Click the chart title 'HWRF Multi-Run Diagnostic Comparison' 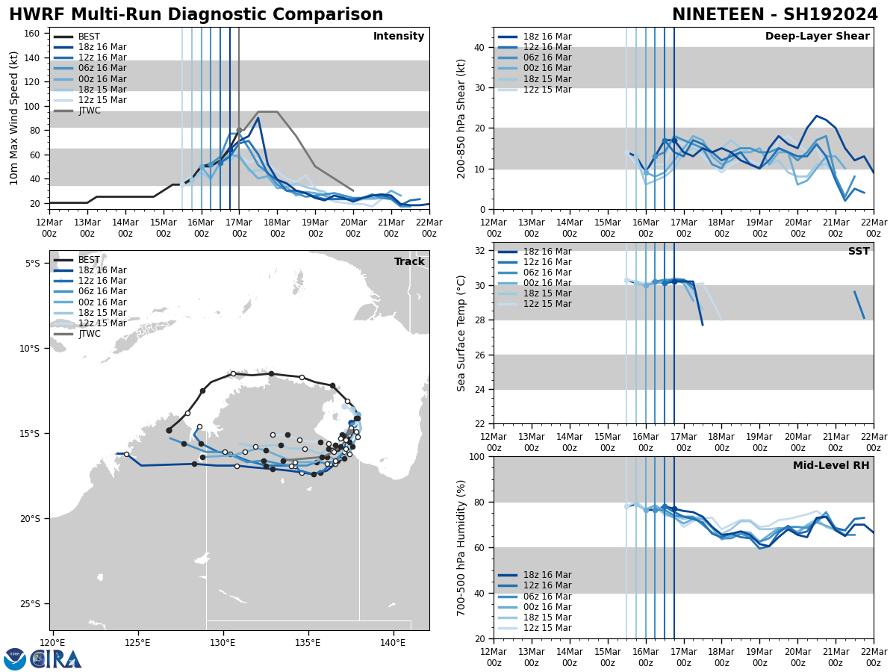[196, 15]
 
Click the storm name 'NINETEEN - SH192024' [774, 15]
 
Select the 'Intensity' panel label [399, 37]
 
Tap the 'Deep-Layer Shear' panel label [817, 37]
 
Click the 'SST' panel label [858, 252]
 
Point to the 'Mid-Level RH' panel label [831, 466]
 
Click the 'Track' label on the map [409, 262]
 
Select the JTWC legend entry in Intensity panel [89, 111]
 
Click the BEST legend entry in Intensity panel [88, 37]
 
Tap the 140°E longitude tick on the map [393, 642]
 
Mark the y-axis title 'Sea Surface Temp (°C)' [461, 333]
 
